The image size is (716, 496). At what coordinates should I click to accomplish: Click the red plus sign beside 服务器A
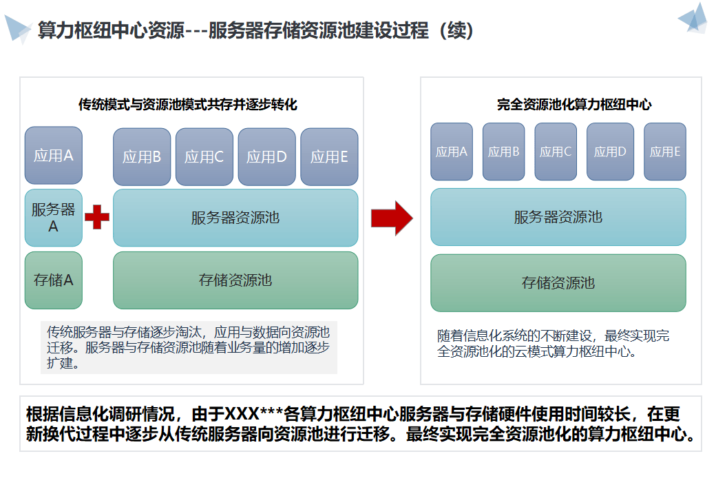click(97, 218)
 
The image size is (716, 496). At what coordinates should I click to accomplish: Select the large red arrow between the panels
click(391, 218)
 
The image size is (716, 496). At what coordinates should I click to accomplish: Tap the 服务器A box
click(54, 218)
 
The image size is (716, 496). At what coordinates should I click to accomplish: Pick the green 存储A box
click(54, 280)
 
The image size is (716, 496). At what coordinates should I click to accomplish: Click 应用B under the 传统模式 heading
click(142, 157)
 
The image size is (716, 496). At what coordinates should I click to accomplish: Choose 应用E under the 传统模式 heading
click(329, 157)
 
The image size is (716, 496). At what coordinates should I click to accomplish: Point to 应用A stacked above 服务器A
click(54, 155)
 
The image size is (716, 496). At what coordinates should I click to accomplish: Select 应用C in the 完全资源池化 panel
click(556, 152)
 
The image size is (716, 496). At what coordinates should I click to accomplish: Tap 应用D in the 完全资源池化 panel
click(610, 152)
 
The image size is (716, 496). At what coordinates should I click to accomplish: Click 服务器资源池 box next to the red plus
click(235, 218)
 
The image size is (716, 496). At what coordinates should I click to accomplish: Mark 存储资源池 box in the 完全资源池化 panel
click(558, 282)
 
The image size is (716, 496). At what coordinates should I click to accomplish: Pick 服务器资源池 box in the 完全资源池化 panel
click(558, 217)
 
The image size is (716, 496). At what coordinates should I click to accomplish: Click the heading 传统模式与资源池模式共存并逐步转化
click(188, 105)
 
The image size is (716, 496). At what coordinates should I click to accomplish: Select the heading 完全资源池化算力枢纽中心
click(574, 105)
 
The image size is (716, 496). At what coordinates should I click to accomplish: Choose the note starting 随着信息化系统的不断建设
click(553, 344)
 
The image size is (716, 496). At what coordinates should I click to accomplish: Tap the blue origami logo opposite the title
click(694, 19)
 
